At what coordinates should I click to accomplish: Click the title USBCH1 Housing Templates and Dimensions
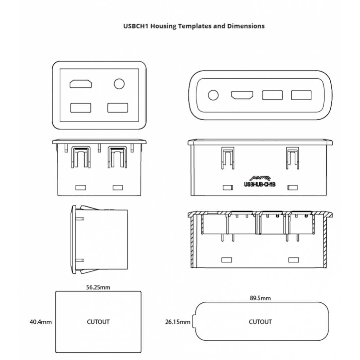[194, 26]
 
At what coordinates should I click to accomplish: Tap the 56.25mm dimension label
[98, 287]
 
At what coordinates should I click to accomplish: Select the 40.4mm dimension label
[41, 322]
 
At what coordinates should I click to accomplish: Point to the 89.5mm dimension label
[260, 298]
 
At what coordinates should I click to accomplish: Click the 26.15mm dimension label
[178, 322]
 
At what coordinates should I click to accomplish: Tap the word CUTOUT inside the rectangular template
[98, 322]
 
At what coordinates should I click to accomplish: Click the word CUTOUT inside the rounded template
[260, 322]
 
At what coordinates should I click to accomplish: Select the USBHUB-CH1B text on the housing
[260, 184]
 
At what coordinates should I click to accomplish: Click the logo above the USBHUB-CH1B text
[260, 178]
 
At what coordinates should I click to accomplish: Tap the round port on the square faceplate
[119, 84]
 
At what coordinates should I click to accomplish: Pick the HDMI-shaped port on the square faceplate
[81, 84]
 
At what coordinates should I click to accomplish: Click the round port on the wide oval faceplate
[213, 95]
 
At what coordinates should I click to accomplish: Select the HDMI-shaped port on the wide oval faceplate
[242, 95]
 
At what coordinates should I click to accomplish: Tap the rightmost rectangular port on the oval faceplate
[301, 95]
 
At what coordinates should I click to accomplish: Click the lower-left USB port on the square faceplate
[81, 108]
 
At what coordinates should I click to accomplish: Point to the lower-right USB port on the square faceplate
[118, 108]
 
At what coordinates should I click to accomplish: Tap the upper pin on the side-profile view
[80, 219]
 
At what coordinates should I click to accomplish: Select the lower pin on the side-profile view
[80, 260]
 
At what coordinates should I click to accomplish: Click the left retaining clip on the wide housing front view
[228, 158]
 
